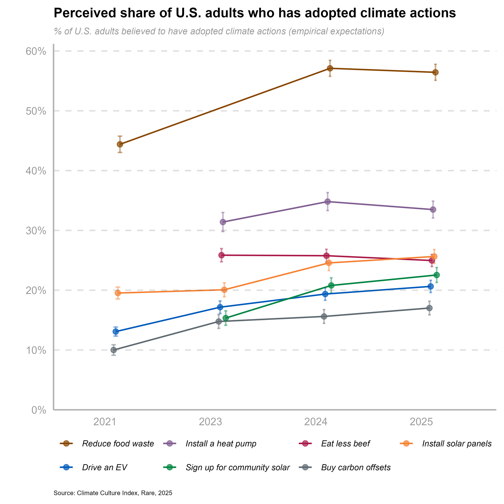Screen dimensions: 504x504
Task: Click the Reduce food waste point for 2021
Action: pos(120,144)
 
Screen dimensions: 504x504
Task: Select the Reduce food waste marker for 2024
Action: pos(330,68)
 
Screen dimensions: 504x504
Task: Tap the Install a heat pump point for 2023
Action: pos(223,222)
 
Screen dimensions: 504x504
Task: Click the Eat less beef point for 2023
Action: pos(221,255)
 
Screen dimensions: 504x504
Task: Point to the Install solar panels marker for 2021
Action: pos(118,293)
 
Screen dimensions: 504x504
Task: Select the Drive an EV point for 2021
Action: pos(116,332)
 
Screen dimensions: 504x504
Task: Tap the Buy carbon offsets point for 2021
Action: pos(114,350)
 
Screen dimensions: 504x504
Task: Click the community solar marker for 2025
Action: pos(437,275)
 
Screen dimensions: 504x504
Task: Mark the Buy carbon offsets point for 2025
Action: pos(429,308)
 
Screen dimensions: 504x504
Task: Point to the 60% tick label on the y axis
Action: pos(36,51)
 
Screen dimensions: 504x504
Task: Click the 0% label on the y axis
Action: pos(39,410)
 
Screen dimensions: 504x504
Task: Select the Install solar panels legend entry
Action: pos(456,444)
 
